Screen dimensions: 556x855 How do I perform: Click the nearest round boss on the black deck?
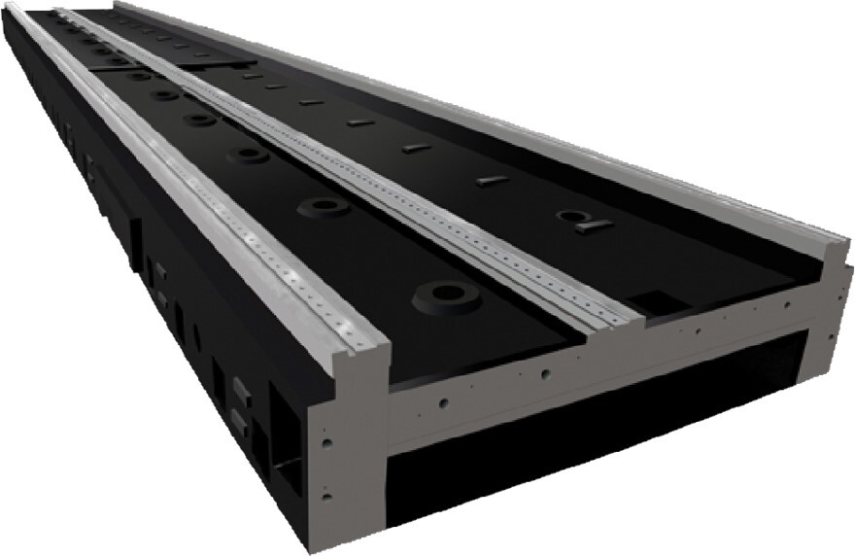[446, 295]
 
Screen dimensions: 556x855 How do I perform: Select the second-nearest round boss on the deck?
[324, 207]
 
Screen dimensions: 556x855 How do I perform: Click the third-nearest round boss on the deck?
[249, 156]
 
